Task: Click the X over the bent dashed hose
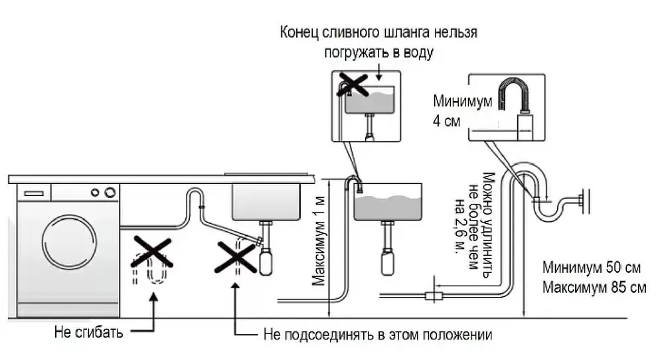click(153, 252)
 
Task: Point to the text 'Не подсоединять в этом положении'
click(378, 334)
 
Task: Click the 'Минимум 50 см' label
click(593, 268)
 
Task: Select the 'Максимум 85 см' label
click(593, 288)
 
